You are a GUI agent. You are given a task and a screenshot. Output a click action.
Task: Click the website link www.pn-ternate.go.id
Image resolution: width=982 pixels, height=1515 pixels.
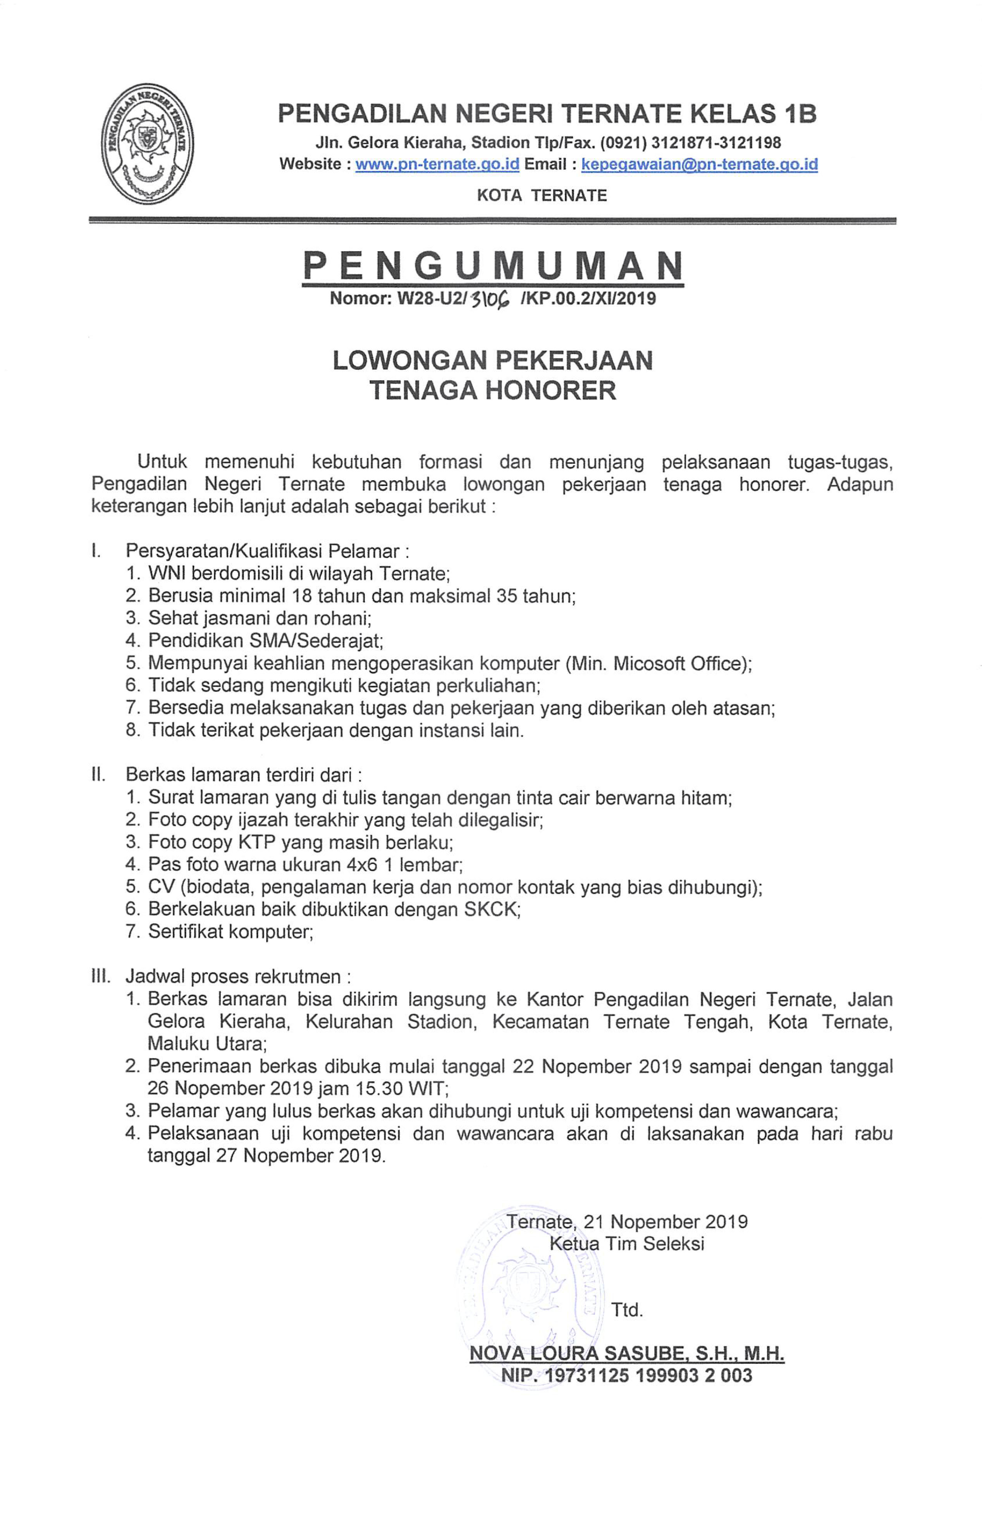point(437,164)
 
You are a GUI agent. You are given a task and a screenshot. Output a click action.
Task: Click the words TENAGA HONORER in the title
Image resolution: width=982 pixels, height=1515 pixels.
point(493,390)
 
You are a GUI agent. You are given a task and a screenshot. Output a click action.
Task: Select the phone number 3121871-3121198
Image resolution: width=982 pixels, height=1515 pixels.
point(716,142)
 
